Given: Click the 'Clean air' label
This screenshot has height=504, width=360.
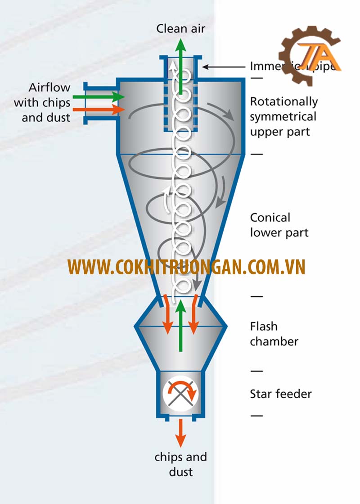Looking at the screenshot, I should pyautogui.click(x=180, y=29).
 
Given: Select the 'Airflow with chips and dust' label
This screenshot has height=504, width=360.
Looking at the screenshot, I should pyautogui.click(x=42, y=103).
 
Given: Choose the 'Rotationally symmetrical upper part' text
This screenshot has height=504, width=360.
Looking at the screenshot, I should pyautogui.click(x=283, y=117).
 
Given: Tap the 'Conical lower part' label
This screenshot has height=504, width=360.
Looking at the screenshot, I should pyautogui.click(x=279, y=225).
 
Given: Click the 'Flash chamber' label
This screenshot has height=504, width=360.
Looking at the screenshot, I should pyautogui.click(x=274, y=334).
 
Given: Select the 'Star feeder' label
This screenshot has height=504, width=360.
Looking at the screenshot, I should pyautogui.click(x=281, y=394).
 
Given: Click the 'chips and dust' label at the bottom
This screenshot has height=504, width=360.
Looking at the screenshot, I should pyautogui.click(x=180, y=464).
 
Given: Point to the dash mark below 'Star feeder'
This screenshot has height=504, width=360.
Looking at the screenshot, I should pyautogui.click(x=256, y=415).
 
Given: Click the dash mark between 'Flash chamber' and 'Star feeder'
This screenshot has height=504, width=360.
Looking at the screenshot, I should pyautogui.click(x=256, y=371).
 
